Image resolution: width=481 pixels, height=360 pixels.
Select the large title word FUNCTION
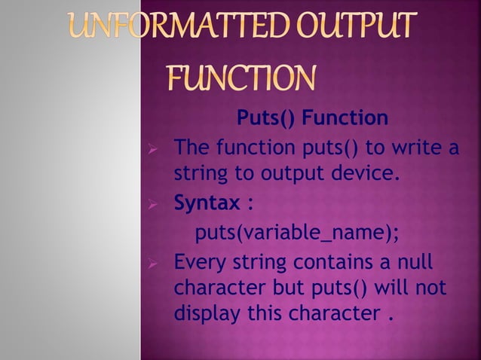(x=240, y=78)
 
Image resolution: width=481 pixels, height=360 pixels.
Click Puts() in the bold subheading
(x=263, y=118)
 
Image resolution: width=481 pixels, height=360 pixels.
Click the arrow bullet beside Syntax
(x=152, y=203)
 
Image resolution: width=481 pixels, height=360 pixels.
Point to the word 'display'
(x=203, y=310)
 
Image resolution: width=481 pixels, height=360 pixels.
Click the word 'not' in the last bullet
(x=432, y=287)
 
